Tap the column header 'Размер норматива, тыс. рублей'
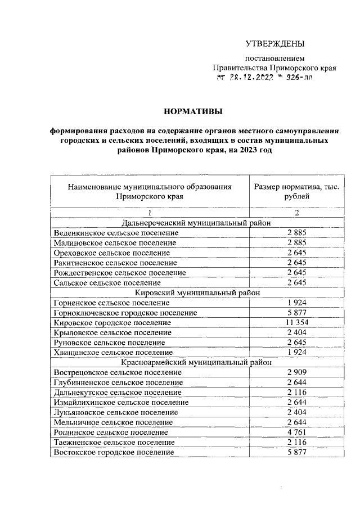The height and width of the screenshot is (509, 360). (x=296, y=192)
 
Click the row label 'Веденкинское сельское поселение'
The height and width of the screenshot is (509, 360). (x=116, y=232)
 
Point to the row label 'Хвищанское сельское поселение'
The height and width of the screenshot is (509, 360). (x=113, y=352)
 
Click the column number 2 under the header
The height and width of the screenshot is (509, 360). (x=296, y=213)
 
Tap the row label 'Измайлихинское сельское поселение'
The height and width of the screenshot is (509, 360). (x=121, y=402)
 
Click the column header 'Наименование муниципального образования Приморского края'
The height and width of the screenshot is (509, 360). (x=150, y=192)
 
